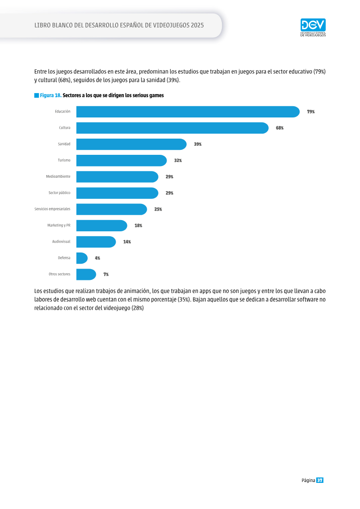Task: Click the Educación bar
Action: click(188, 112)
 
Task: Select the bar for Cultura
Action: click(172, 128)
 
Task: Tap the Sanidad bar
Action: click(131, 144)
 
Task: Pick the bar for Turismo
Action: click(121, 160)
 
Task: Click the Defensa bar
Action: click(82, 258)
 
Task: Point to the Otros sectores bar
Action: click(86, 274)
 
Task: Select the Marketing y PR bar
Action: click(102, 225)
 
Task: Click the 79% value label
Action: click(311, 112)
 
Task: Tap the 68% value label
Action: click(280, 128)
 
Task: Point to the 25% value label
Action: click(158, 209)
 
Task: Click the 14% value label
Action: click(127, 242)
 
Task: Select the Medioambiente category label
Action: click(58, 176)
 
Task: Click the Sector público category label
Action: click(59, 193)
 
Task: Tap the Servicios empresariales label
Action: click(52, 209)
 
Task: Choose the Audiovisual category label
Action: click(61, 242)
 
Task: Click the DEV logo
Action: click(313, 27)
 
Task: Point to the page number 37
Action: click(320, 480)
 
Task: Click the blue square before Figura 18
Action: click(37, 95)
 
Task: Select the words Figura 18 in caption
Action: click(51, 95)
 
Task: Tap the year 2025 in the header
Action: click(198, 25)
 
